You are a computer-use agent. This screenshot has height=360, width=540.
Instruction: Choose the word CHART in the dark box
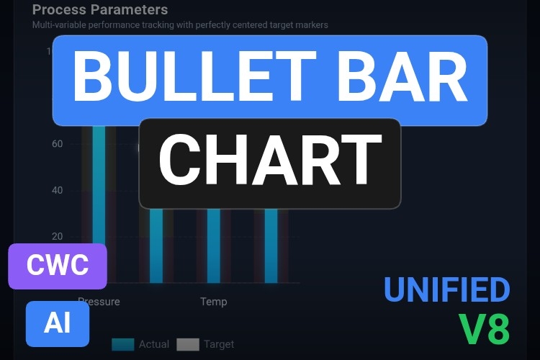(x=269, y=163)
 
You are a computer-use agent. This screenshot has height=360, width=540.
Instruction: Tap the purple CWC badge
(x=58, y=266)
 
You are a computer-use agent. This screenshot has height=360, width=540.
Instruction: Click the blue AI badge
(x=58, y=323)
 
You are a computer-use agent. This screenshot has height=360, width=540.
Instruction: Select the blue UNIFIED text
(x=446, y=289)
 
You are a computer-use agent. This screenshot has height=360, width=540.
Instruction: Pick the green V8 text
(x=485, y=330)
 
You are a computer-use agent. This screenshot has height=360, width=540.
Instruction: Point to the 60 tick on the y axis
(x=58, y=144)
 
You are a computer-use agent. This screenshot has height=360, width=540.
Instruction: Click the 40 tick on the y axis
(x=58, y=190)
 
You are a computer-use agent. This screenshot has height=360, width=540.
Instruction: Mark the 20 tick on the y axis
(x=58, y=236)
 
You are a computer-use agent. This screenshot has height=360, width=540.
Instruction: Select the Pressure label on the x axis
(x=99, y=301)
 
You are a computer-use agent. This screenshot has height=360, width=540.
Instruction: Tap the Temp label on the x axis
(x=213, y=301)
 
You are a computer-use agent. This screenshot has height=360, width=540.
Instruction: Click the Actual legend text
(x=154, y=344)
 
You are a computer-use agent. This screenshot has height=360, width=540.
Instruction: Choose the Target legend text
(x=219, y=344)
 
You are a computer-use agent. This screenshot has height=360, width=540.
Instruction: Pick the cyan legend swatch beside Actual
(x=123, y=344)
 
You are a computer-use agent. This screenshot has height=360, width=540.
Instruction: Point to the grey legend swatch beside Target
(x=188, y=344)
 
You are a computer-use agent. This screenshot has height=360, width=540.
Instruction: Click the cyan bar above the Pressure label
(x=99, y=202)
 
